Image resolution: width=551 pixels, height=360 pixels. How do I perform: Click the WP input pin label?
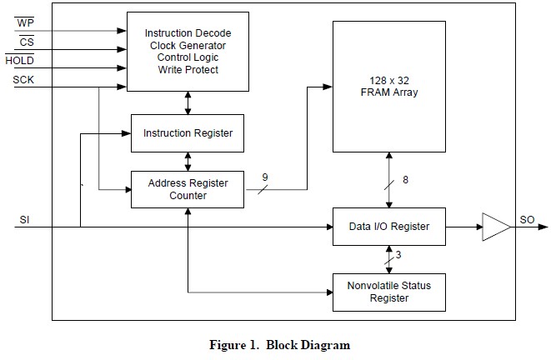tap(25, 22)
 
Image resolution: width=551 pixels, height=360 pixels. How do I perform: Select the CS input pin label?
tap(27, 42)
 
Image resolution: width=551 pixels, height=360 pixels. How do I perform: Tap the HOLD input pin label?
tap(20, 61)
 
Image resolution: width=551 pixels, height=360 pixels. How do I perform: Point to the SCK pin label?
tap(23, 80)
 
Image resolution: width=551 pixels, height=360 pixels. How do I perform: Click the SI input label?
tap(24, 220)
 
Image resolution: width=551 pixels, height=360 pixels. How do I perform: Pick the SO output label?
tap(527, 220)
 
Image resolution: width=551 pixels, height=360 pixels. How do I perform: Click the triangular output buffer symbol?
tap(496, 227)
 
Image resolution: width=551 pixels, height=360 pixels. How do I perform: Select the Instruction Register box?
tap(188, 133)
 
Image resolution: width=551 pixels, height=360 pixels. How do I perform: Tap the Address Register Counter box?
tap(188, 189)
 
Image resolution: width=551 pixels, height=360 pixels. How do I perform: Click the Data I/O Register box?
tap(389, 227)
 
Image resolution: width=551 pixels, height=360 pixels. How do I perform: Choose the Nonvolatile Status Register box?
tap(389, 292)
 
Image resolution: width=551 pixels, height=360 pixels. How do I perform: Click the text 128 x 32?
tap(389, 81)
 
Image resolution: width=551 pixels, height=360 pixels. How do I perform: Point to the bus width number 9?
tap(265, 177)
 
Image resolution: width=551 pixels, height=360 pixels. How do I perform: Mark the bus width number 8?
tap(405, 180)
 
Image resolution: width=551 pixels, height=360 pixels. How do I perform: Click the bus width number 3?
tap(398, 255)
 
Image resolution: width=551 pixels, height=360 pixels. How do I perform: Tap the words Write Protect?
tap(188, 69)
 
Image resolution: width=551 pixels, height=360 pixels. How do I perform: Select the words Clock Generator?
tap(188, 46)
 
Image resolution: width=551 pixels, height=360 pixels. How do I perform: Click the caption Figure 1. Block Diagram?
tap(280, 345)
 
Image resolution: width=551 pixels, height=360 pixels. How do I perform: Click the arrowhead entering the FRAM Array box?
tap(328, 87)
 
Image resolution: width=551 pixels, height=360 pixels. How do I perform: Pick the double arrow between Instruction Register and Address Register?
tap(188, 162)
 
